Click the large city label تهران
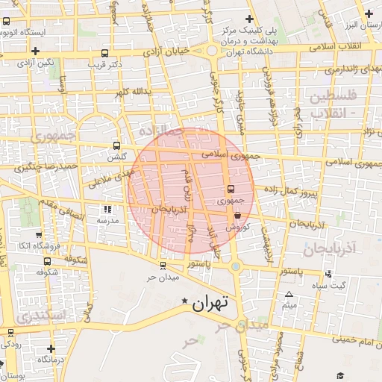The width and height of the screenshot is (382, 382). point(208,303)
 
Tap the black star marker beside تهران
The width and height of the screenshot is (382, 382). point(185,301)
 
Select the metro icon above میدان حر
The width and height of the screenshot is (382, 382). point(163,266)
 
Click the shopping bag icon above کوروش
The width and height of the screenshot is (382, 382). point(237,215)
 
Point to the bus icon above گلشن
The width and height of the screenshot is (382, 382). point(116,146)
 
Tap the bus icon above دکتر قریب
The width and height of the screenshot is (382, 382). point(104,53)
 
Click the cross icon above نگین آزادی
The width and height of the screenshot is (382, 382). point(35,50)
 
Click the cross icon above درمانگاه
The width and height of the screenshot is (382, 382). point(50,348)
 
